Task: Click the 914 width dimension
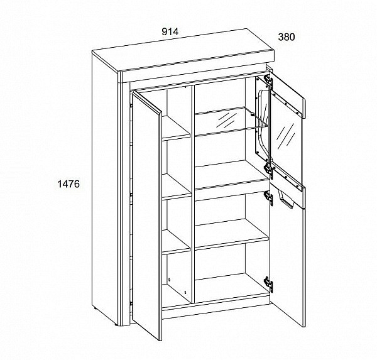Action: [x=170, y=32]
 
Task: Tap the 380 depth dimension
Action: [x=287, y=37]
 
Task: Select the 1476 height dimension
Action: [x=68, y=184]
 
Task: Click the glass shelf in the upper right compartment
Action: [x=231, y=122]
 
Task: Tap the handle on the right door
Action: [x=286, y=199]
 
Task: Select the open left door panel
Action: [x=147, y=215]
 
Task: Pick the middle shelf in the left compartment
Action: [x=177, y=187]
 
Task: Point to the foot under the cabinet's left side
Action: [x=96, y=308]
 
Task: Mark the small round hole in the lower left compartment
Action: [x=170, y=280]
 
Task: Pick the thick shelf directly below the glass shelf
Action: [x=231, y=177]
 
